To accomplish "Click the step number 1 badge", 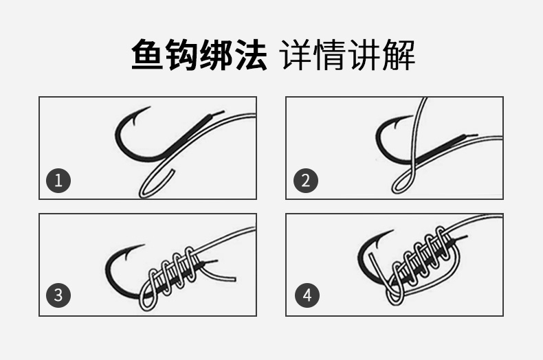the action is point(58,181).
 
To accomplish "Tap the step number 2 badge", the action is point(305,181).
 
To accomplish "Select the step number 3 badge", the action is point(58,295).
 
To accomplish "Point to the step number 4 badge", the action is point(307,295).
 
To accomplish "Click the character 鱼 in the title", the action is point(147,55).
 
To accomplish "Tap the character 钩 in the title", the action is point(181,55).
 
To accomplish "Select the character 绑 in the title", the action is point(216,55).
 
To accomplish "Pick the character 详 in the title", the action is point(296,55).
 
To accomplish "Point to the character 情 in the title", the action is point(331,55).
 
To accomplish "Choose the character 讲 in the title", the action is point(365,55).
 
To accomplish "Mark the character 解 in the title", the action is point(399,55).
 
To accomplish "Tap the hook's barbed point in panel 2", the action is point(413,116).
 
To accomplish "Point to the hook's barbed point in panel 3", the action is point(144,245).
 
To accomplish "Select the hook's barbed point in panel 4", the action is point(393,230).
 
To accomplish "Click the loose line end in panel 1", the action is point(173,170).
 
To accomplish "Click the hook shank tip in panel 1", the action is point(223,112).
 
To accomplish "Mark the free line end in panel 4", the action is point(370,254).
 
